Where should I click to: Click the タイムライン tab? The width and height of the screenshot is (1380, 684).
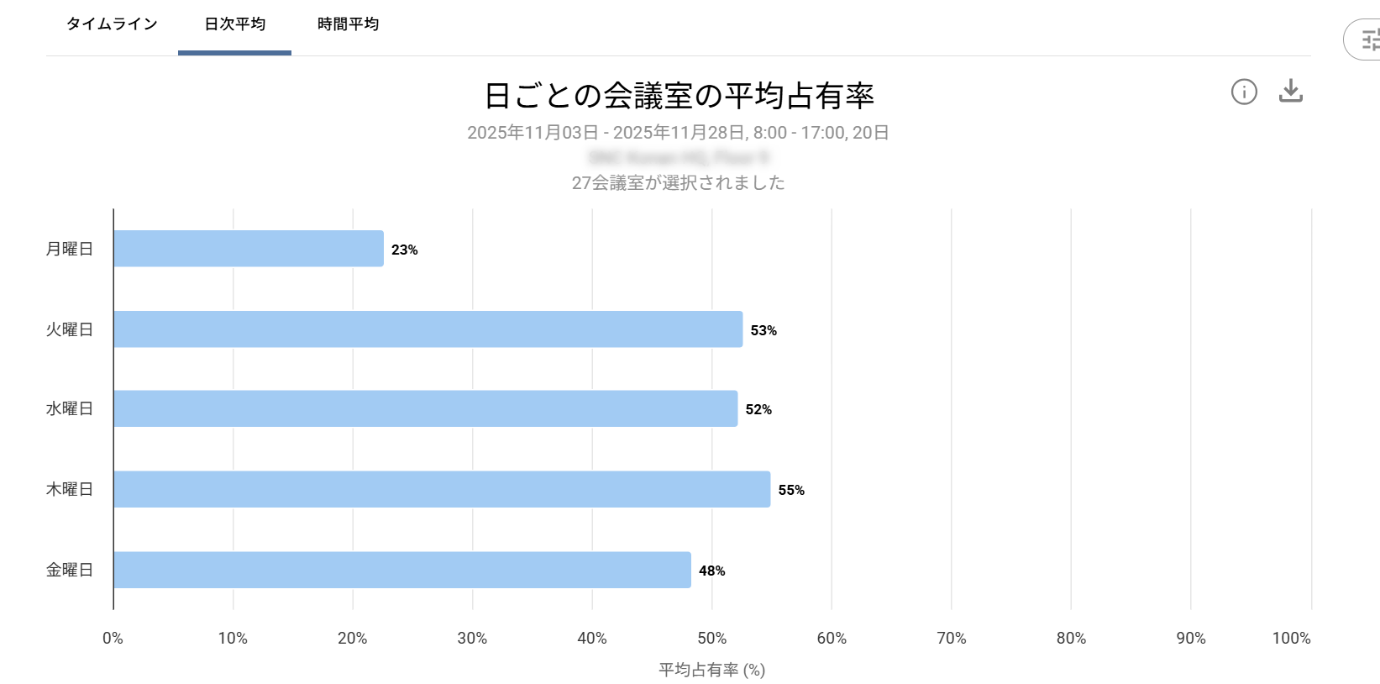click(112, 24)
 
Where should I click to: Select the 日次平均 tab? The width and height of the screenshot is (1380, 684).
click(235, 24)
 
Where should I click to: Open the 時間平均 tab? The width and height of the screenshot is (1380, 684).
click(348, 24)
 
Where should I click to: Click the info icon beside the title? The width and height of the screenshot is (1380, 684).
click(1244, 92)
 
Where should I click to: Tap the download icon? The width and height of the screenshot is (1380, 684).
click(1290, 91)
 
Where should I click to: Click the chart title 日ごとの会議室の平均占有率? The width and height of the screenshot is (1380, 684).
click(679, 96)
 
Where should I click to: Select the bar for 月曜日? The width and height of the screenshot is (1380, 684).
click(249, 249)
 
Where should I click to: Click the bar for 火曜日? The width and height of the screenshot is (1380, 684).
click(428, 329)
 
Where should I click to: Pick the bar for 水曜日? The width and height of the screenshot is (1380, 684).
click(426, 408)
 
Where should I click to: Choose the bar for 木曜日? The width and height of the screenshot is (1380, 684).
click(442, 489)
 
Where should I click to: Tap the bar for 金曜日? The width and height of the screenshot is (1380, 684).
click(402, 570)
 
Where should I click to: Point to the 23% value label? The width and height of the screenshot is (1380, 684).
click(405, 250)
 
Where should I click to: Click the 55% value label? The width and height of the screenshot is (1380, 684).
click(791, 490)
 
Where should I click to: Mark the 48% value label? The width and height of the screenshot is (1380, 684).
click(712, 571)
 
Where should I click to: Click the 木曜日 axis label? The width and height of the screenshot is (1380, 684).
click(69, 489)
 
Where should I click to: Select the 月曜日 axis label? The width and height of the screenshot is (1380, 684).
click(69, 249)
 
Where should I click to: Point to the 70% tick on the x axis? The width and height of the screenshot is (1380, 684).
click(952, 639)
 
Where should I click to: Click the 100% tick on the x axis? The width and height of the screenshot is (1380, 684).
click(1291, 639)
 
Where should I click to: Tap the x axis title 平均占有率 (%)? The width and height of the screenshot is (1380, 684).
click(711, 670)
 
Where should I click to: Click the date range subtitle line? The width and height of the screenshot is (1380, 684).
click(678, 133)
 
